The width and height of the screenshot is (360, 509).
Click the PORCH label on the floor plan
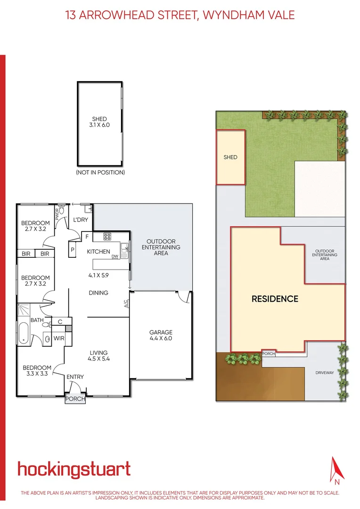pyautogui.click(x=75, y=399)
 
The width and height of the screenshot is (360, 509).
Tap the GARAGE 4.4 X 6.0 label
pyautogui.click(x=161, y=335)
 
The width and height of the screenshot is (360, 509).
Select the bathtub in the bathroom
pyautogui.click(x=24, y=333)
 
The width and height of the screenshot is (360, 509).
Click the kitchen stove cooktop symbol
pyautogui.click(x=107, y=237)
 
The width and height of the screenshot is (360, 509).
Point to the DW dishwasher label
pyautogui.click(x=115, y=257)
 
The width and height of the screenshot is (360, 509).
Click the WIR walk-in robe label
pyautogui.click(x=59, y=338)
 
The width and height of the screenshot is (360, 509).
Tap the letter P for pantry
pyautogui.click(x=73, y=250)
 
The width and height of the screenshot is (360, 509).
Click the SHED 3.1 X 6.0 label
pyautogui.click(x=99, y=122)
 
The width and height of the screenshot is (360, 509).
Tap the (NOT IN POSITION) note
pyautogui.click(x=100, y=172)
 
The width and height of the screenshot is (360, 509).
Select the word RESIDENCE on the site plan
pyautogui.click(x=275, y=299)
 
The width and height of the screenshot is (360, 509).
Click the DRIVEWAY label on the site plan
pyautogui.click(x=325, y=372)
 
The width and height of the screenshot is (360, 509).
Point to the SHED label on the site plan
pyautogui.click(x=230, y=157)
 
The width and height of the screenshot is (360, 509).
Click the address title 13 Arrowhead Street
pyautogui.click(x=180, y=15)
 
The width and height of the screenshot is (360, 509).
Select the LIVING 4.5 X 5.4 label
pyautogui.click(x=99, y=356)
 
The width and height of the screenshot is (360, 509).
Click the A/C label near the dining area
pyautogui.click(x=126, y=304)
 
